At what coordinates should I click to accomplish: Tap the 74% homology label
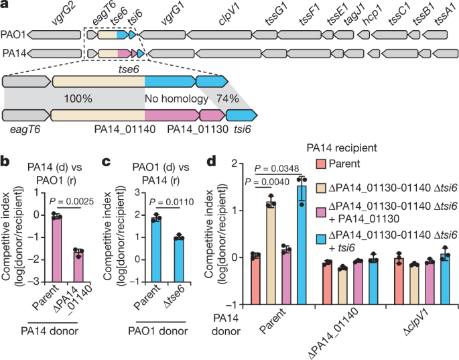[x=224, y=98]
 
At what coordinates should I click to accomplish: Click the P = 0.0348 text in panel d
[x=279, y=168]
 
